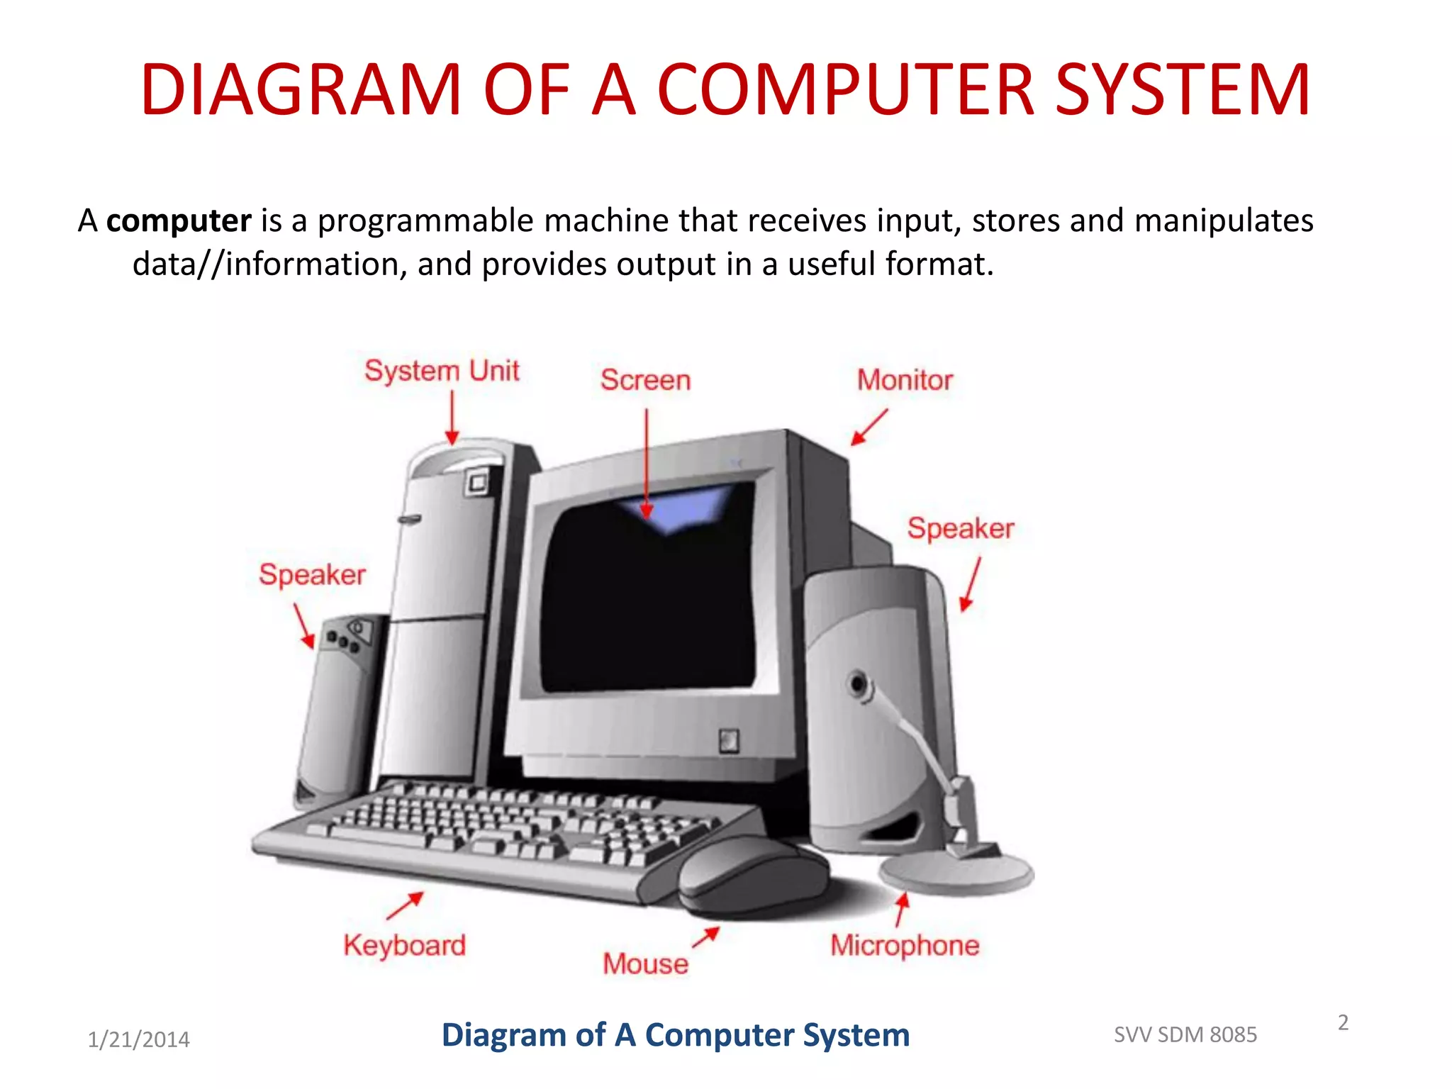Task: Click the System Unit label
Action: pyautogui.click(x=442, y=371)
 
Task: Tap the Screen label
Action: pyautogui.click(x=645, y=380)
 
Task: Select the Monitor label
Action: pyautogui.click(x=905, y=380)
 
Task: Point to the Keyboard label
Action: pyautogui.click(x=404, y=946)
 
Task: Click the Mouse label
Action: pyautogui.click(x=645, y=964)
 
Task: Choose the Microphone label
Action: pyautogui.click(x=905, y=946)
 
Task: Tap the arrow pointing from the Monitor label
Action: pyautogui.click(x=869, y=427)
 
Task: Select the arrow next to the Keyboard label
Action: pyautogui.click(x=406, y=905)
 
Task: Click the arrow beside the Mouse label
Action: pyautogui.click(x=706, y=937)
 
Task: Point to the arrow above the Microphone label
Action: pyautogui.click(x=900, y=910)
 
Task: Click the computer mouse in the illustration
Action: pyautogui.click(x=752, y=876)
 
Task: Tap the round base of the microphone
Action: pyautogui.click(x=956, y=873)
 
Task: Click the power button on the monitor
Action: pyautogui.click(x=729, y=741)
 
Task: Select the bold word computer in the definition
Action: pyautogui.click(x=179, y=220)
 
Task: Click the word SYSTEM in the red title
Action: pyautogui.click(x=1182, y=90)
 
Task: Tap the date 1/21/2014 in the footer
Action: pyautogui.click(x=138, y=1039)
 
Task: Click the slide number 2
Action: pyautogui.click(x=1343, y=1022)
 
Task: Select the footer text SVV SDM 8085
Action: pyautogui.click(x=1185, y=1035)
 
